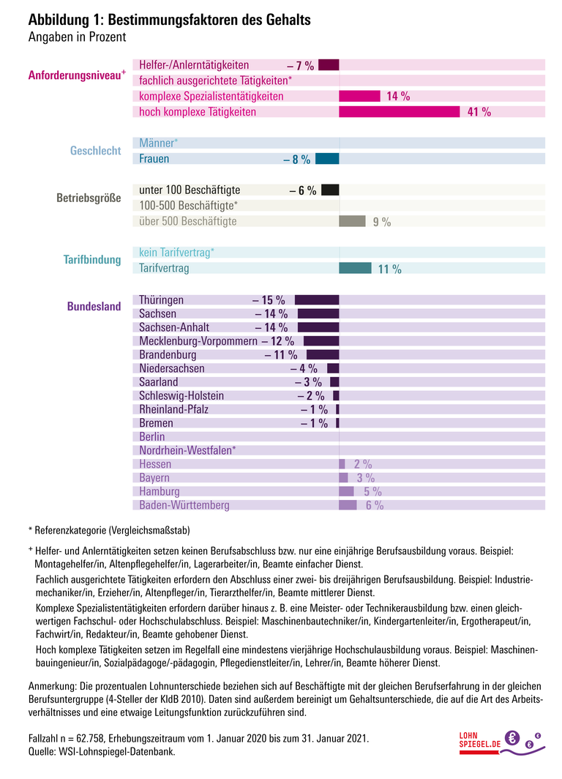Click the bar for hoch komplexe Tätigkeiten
(400, 111)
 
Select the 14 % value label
(398, 96)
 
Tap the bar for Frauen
(327, 159)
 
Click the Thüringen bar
(317, 300)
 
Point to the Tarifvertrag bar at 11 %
(356, 269)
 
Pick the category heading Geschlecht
(95, 151)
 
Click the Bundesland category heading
(94, 307)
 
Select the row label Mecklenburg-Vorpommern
(198, 341)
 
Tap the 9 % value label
(381, 222)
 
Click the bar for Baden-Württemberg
(348, 505)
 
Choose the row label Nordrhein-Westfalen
(187, 450)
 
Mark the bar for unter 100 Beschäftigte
(330, 190)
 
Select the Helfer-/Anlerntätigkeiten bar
(329, 65)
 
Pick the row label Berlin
(152, 437)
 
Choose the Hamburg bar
(346, 491)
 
